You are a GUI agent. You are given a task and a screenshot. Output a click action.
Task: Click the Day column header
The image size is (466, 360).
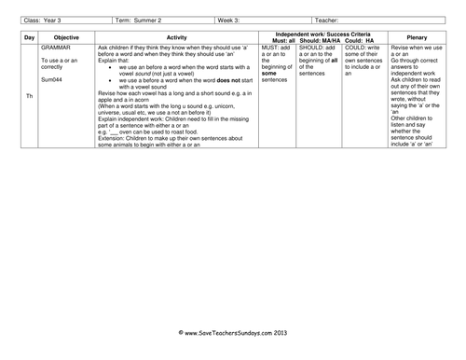pos(27,38)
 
